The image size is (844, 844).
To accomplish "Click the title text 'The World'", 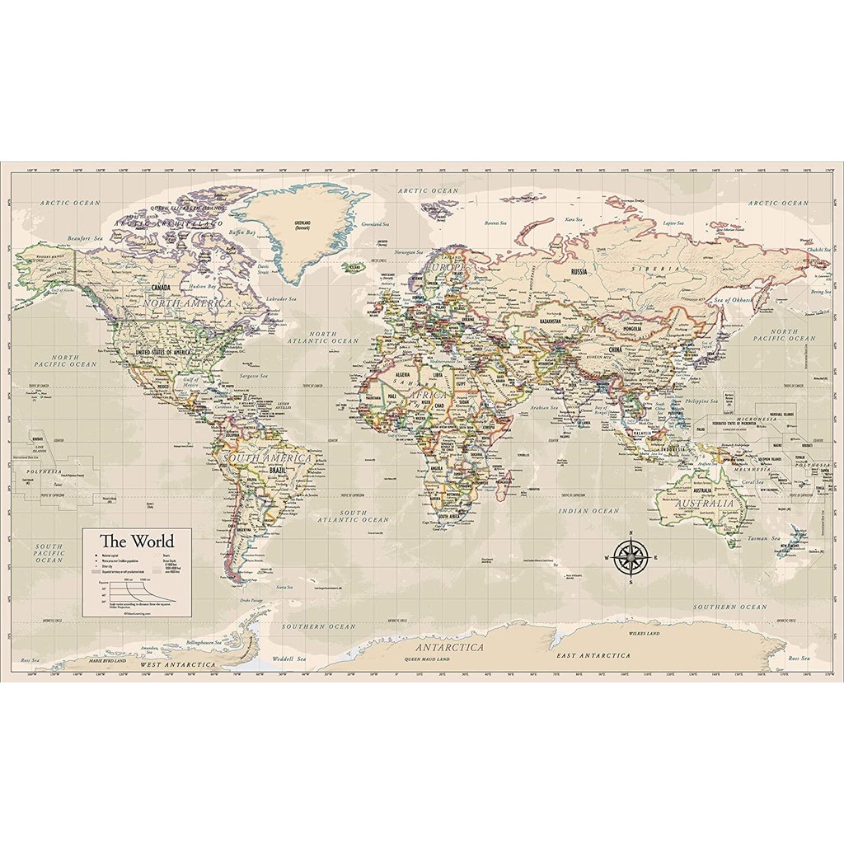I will pyautogui.click(x=137, y=542).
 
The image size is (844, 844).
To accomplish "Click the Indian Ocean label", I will pyautogui.click(x=588, y=511).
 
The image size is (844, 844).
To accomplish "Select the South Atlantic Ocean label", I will pyautogui.click(x=354, y=516).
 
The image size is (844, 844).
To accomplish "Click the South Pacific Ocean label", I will pyautogui.click(x=49, y=553).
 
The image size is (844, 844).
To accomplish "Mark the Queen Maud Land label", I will pyautogui.click(x=427, y=660).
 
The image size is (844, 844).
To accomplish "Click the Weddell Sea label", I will pyautogui.click(x=289, y=659).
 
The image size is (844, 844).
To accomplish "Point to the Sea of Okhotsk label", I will pyautogui.click(x=734, y=300).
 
